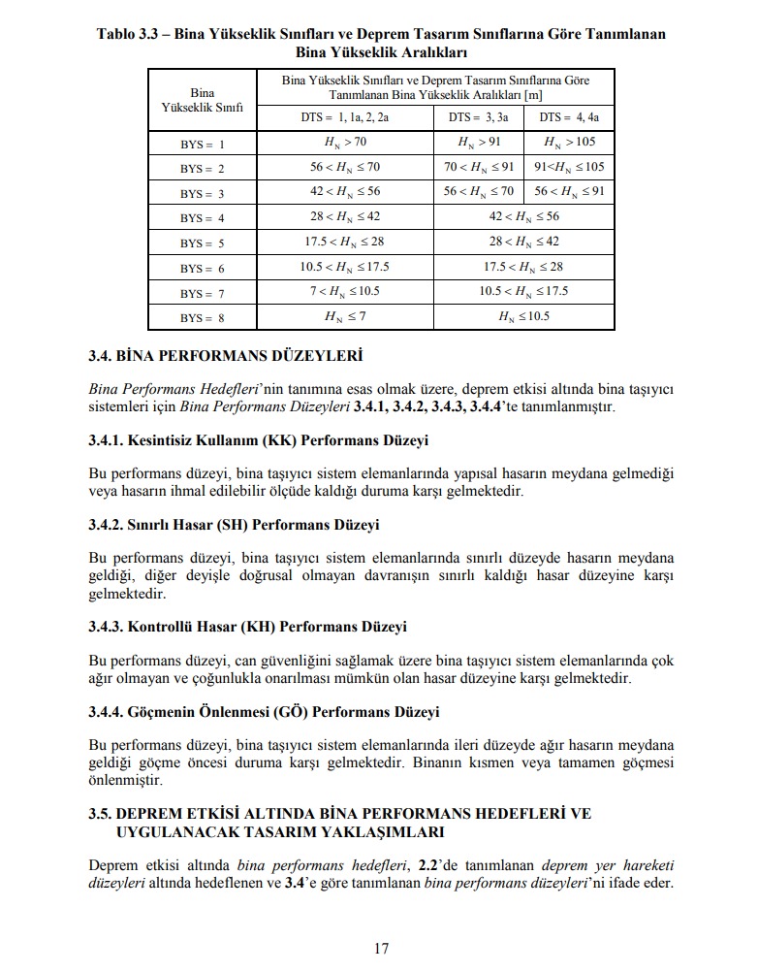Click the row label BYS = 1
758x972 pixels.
tap(202, 144)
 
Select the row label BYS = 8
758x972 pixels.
tap(202, 317)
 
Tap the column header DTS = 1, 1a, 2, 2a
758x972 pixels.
tap(344, 117)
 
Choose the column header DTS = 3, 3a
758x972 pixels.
tap(478, 117)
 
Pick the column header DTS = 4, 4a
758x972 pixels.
tap(569, 117)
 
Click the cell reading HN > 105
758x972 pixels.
tap(569, 143)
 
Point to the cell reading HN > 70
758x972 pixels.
tap(344, 143)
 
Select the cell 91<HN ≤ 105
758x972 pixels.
tap(569, 167)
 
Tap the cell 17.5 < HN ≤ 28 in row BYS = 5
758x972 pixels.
tap(344, 242)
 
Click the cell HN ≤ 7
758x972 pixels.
tap(344, 316)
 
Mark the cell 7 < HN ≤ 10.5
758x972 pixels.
tap(344, 291)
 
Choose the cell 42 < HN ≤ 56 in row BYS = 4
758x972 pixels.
tap(523, 216)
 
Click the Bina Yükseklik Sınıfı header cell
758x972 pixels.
tap(202, 99)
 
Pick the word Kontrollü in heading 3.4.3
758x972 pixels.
tap(160, 627)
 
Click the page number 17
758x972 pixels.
tap(381, 948)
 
